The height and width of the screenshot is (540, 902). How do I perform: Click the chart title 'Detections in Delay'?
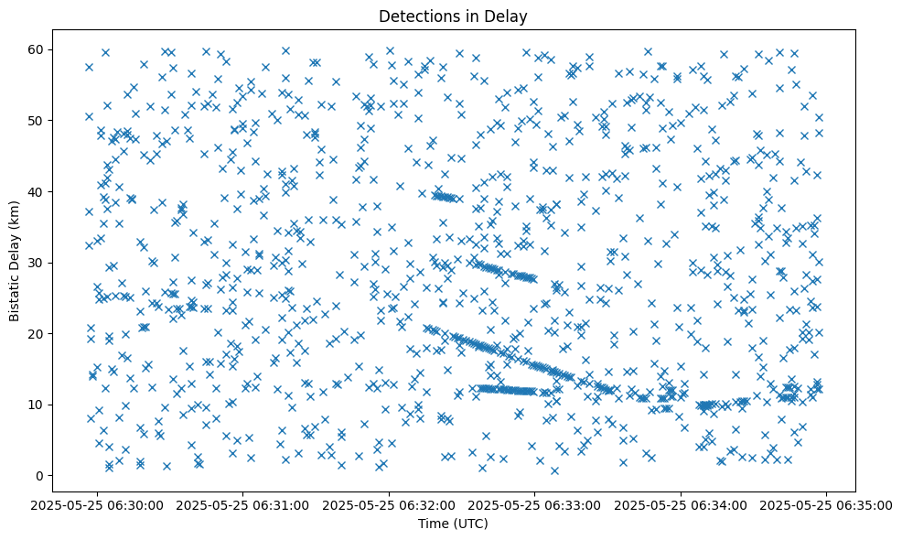[x=454, y=16]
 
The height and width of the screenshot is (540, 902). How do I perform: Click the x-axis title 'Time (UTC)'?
[x=454, y=524]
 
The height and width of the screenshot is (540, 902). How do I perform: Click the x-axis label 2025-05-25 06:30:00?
[x=96, y=505]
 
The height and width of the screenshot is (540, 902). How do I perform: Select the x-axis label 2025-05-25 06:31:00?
[x=242, y=505]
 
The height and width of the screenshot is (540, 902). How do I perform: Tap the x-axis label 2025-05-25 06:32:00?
[x=389, y=505]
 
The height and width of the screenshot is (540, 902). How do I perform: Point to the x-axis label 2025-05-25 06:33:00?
[x=535, y=505]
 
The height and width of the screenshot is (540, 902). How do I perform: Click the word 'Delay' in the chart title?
[x=510, y=16]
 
